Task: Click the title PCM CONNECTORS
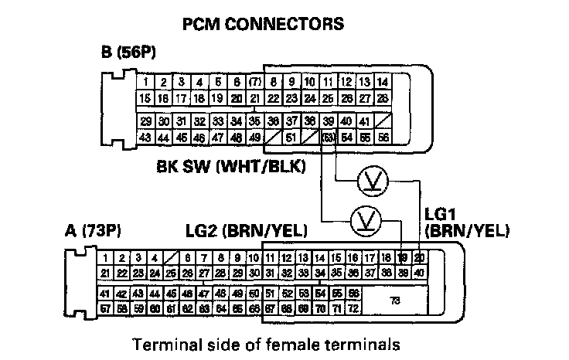click(x=262, y=25)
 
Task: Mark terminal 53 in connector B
click(x=328, y=138)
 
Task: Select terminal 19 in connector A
click(x=403, y=257)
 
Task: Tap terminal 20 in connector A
click(x=419, y=257)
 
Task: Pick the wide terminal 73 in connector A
click(x=395, y=301)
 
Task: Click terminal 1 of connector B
click(x=144, y=82)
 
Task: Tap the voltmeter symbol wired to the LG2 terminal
click(x=361, y=220)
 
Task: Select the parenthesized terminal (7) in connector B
click(x=254, y=82)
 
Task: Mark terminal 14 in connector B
click(x=382, y=82)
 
